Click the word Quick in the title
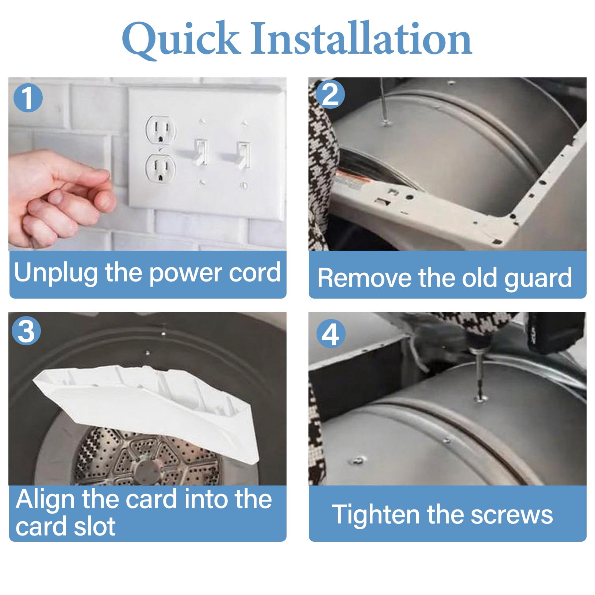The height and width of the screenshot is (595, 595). [181, 39]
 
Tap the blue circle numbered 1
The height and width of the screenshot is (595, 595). [28, 98]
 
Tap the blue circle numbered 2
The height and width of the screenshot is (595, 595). [330, 94]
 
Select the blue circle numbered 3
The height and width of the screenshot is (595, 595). [26, 331]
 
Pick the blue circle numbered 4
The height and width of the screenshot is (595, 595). [331, 334]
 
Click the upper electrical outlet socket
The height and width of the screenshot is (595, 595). [160, 130]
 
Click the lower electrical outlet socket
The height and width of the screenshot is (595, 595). [160, 169]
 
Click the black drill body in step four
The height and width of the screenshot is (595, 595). [555, 331]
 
